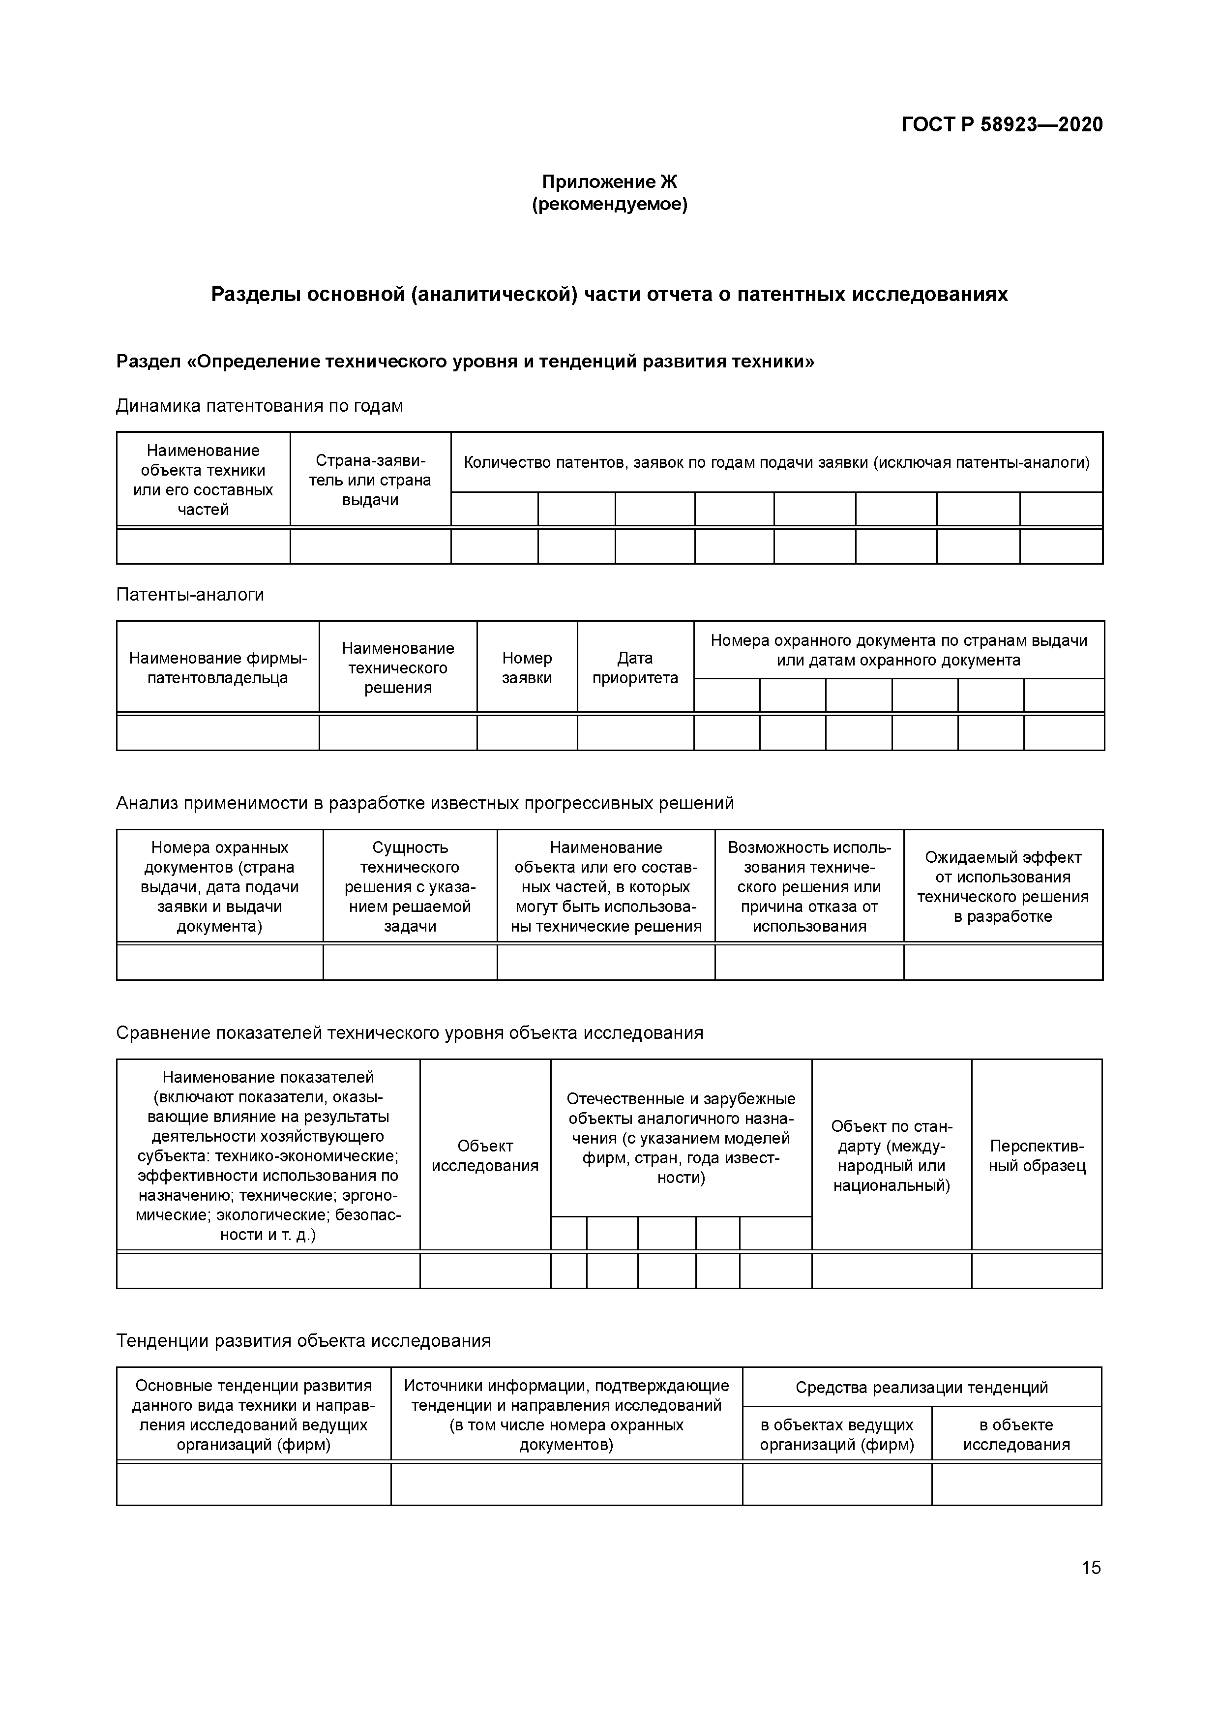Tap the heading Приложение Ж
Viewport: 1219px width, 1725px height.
609,182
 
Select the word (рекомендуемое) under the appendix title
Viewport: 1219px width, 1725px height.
609,204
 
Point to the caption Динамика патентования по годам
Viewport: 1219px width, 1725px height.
259,406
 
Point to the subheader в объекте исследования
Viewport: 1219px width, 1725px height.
1016,1434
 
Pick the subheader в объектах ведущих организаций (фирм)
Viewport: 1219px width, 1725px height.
837,1434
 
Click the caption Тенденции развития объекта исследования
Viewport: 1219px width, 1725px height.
303,1340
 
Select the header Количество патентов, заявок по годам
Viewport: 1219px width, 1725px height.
776,462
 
